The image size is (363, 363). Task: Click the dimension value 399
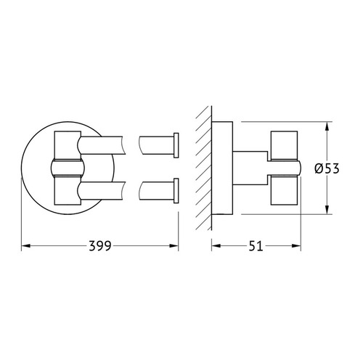[100, 246]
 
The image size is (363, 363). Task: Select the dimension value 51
[256, 246]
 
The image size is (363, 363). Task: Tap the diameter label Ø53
[327, 168]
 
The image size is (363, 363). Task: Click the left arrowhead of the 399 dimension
[26, 246]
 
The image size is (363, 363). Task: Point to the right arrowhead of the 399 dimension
[174, 246]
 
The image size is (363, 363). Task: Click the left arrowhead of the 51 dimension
[216, 246]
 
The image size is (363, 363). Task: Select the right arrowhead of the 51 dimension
[296, 246]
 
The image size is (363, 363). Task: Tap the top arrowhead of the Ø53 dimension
[327, 126]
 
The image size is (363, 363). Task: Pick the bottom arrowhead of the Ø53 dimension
[327, 210]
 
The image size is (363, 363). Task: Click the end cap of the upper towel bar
[176, 145]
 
